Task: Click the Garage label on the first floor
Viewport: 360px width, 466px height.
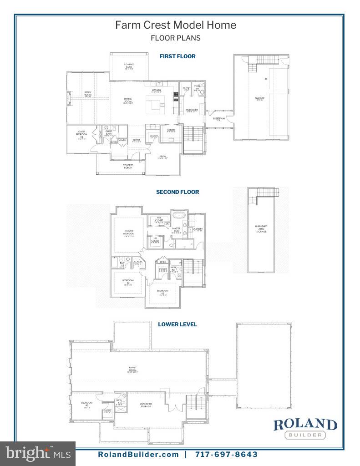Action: click(259, 99)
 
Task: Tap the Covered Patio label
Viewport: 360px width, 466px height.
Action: click(129, 66)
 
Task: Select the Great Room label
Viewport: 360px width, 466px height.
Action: click(88, 94)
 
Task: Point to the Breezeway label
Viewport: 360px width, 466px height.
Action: click(219, 119)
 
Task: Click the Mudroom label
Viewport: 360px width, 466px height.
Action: click(191, 111)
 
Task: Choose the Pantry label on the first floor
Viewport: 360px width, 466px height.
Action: click(171, 131)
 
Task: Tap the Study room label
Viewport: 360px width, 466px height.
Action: click(162, 157)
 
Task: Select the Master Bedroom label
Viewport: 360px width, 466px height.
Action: click(129, 233)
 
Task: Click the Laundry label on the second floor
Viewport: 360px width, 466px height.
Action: click(198, 230)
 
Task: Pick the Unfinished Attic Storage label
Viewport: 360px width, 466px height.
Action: click(261, 229)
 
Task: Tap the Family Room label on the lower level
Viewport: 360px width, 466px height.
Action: click(133, 369)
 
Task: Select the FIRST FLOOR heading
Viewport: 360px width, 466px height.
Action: click(177, 56)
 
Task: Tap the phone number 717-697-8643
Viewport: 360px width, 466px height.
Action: click(226, 454)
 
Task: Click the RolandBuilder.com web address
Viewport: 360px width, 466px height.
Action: click(138, 454)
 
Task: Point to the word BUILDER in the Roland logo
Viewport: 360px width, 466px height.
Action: click(305, 435)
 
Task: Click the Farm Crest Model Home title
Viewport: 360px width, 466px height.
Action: click(176, 25)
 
